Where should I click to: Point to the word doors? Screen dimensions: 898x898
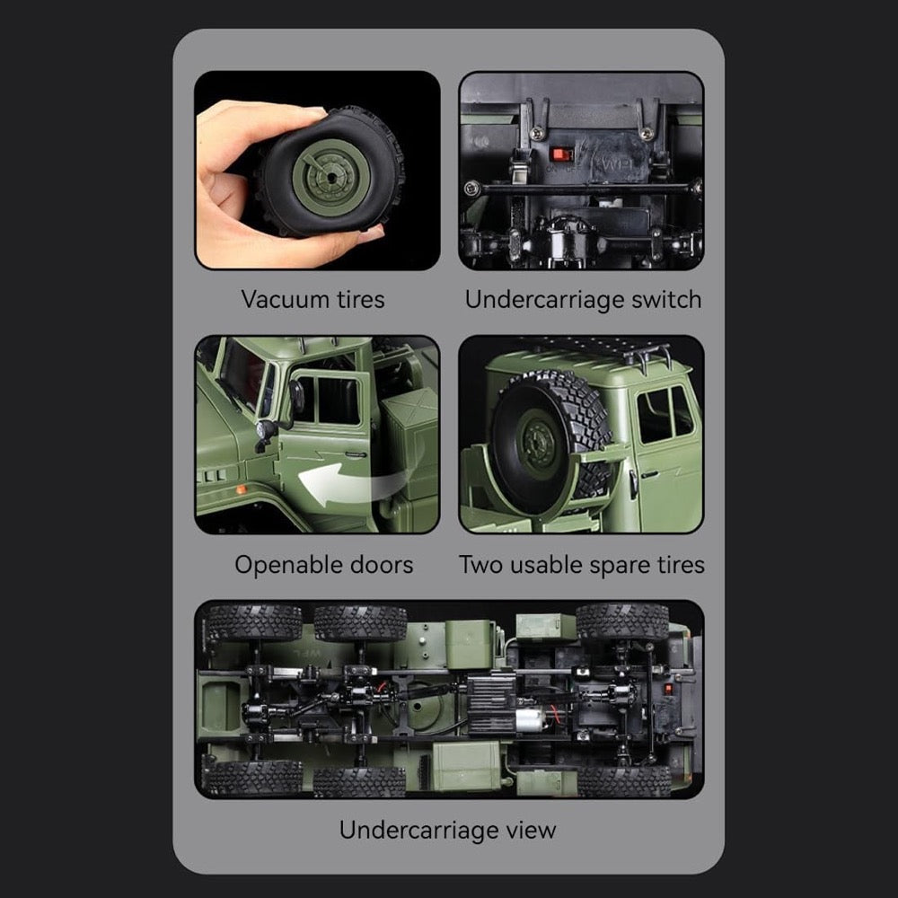click(382, 564)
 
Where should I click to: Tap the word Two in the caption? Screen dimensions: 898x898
click(480, 564)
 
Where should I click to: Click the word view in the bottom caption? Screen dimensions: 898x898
click(531, 830)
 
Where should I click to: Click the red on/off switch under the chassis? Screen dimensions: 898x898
click(561, 154)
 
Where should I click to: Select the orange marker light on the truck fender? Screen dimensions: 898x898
click(242, 489)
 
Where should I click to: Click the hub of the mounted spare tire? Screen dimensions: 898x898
click(537, 443)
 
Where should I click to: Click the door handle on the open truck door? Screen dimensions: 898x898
click(356, 454)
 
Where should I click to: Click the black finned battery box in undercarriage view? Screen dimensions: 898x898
click(491, 704)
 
